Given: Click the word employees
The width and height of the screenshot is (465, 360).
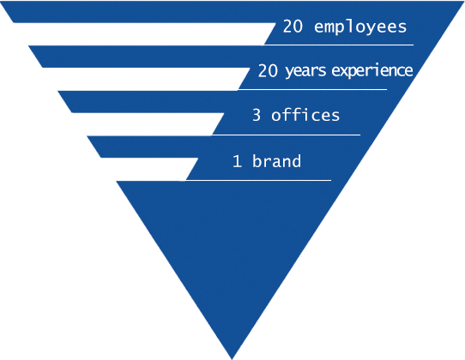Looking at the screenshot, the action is pyautogui.click(x=360, y=27).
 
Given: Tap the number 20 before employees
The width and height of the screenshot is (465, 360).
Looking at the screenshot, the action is pyautogui.click(x=293, y=26).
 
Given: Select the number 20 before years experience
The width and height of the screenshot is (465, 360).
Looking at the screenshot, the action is pyautogui.click(x=268, y=71).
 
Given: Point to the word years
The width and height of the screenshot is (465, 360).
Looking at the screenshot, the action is pyautogui.click(x=305, y=72).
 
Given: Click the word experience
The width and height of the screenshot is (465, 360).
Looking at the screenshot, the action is pyautogui.click(x=372, y=71).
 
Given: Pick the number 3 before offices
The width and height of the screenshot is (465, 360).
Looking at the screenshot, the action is pyautogui.click(x=257, y=115).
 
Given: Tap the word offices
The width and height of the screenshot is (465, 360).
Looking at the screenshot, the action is pyautogui.click(x=305, y=114).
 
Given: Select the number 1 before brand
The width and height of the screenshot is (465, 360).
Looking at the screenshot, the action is pyautogui.click(x=237, y=161).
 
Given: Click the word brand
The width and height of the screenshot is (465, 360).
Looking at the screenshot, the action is pyautogui.click(x=277, y=160).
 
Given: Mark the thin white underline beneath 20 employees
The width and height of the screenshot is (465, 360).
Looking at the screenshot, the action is pyautogui.click(x=339, y=45).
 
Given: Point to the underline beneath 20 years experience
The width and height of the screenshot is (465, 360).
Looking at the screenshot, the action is pyautogui.click(x=312, y=89).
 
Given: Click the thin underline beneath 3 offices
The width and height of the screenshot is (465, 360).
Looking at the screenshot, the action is pyautogui.click(x=286, y=135).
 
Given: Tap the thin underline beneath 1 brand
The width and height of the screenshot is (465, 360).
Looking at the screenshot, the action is pyautogui.click(x=258, y=180).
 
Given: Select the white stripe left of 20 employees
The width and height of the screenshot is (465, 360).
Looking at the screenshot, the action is pyautogui.click(x=144, y=34).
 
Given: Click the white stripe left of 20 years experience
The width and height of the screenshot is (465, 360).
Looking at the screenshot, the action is pyautogui.click(x=146, y=79).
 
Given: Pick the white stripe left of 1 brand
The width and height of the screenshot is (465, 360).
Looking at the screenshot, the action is pyautogui.click(x=149, y=169).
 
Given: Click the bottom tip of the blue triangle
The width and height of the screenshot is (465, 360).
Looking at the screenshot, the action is pyautogui.click(x=232, y=359).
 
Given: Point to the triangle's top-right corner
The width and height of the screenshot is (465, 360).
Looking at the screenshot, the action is pyautogui.click(x=464, y=1).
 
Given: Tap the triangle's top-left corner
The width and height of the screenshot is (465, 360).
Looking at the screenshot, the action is pyautogui.click(x=1, y=1).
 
